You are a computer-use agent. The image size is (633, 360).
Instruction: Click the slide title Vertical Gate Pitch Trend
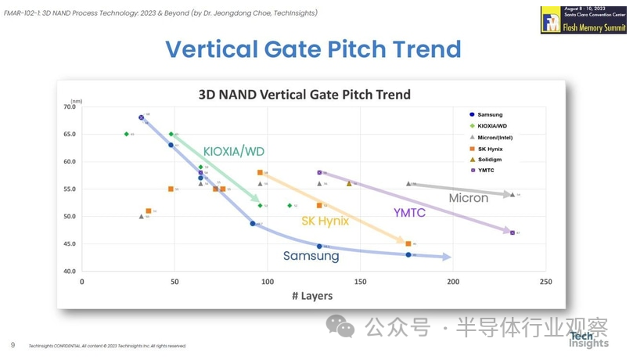click(x=313, y=49)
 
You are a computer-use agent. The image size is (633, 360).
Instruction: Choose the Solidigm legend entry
click(x=490, y=159)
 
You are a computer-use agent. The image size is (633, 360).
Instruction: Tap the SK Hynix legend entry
click(x=491, y=148)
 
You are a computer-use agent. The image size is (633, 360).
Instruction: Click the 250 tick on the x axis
click(x=545, y=282)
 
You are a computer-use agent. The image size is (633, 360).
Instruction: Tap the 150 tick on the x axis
click(x=360, y=282)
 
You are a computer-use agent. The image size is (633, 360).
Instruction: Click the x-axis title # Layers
click(x=311, y=296)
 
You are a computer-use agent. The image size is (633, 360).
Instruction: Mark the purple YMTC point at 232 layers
click(x=512, y=232)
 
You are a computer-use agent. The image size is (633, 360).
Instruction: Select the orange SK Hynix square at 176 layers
click(x=408, y=243)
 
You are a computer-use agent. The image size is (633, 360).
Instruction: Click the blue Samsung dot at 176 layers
click(x=408, y=254)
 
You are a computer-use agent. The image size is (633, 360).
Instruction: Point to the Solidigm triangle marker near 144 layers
click(x=349, y=183)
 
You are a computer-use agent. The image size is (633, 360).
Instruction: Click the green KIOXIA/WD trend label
click(x=234, y=151)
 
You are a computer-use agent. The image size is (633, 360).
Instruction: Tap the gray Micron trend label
click(x=469, y=198)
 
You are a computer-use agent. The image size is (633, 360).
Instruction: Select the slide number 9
click(x=13, y=345)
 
